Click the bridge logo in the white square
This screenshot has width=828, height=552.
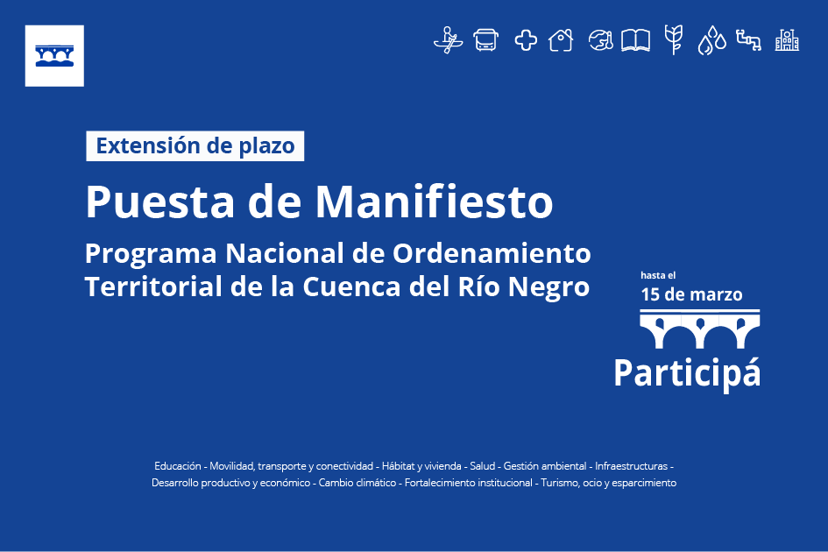[54, 55]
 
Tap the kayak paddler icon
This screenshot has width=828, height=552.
[449, 40]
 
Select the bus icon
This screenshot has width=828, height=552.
[485, 40]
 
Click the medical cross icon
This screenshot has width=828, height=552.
[526, 40]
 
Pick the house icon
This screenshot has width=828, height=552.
[561, 40]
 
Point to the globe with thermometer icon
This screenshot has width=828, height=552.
[601, 40]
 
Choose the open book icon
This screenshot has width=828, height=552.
[635, 40]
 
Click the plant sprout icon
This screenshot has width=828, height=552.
[674, 39]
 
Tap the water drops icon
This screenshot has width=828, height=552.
[711, 40]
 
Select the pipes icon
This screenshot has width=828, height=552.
[749, 40]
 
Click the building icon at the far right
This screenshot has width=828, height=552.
[787, 40]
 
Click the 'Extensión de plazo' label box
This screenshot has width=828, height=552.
[195, 145]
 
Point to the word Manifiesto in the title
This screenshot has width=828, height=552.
[434, 202]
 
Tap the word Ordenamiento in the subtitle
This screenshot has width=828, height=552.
[492, 253]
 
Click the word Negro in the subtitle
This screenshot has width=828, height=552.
[548, 287]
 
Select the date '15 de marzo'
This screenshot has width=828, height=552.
[691, 294]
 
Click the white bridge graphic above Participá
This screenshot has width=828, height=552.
[700, 329]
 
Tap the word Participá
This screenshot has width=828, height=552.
[687, 373]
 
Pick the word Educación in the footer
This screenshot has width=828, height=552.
[177, 466]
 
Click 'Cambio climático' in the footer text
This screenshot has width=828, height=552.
[357, 483]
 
